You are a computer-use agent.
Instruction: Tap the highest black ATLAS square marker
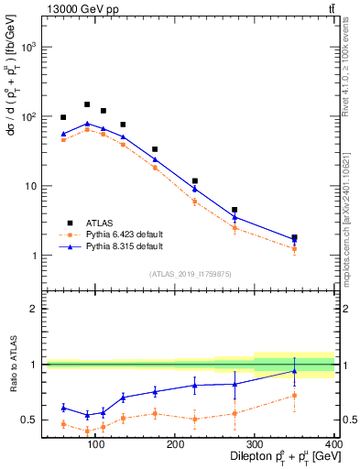87,104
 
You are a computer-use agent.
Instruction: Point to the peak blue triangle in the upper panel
87,124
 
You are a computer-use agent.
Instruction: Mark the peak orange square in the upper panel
87,129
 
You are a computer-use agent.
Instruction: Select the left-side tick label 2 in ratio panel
30,309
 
